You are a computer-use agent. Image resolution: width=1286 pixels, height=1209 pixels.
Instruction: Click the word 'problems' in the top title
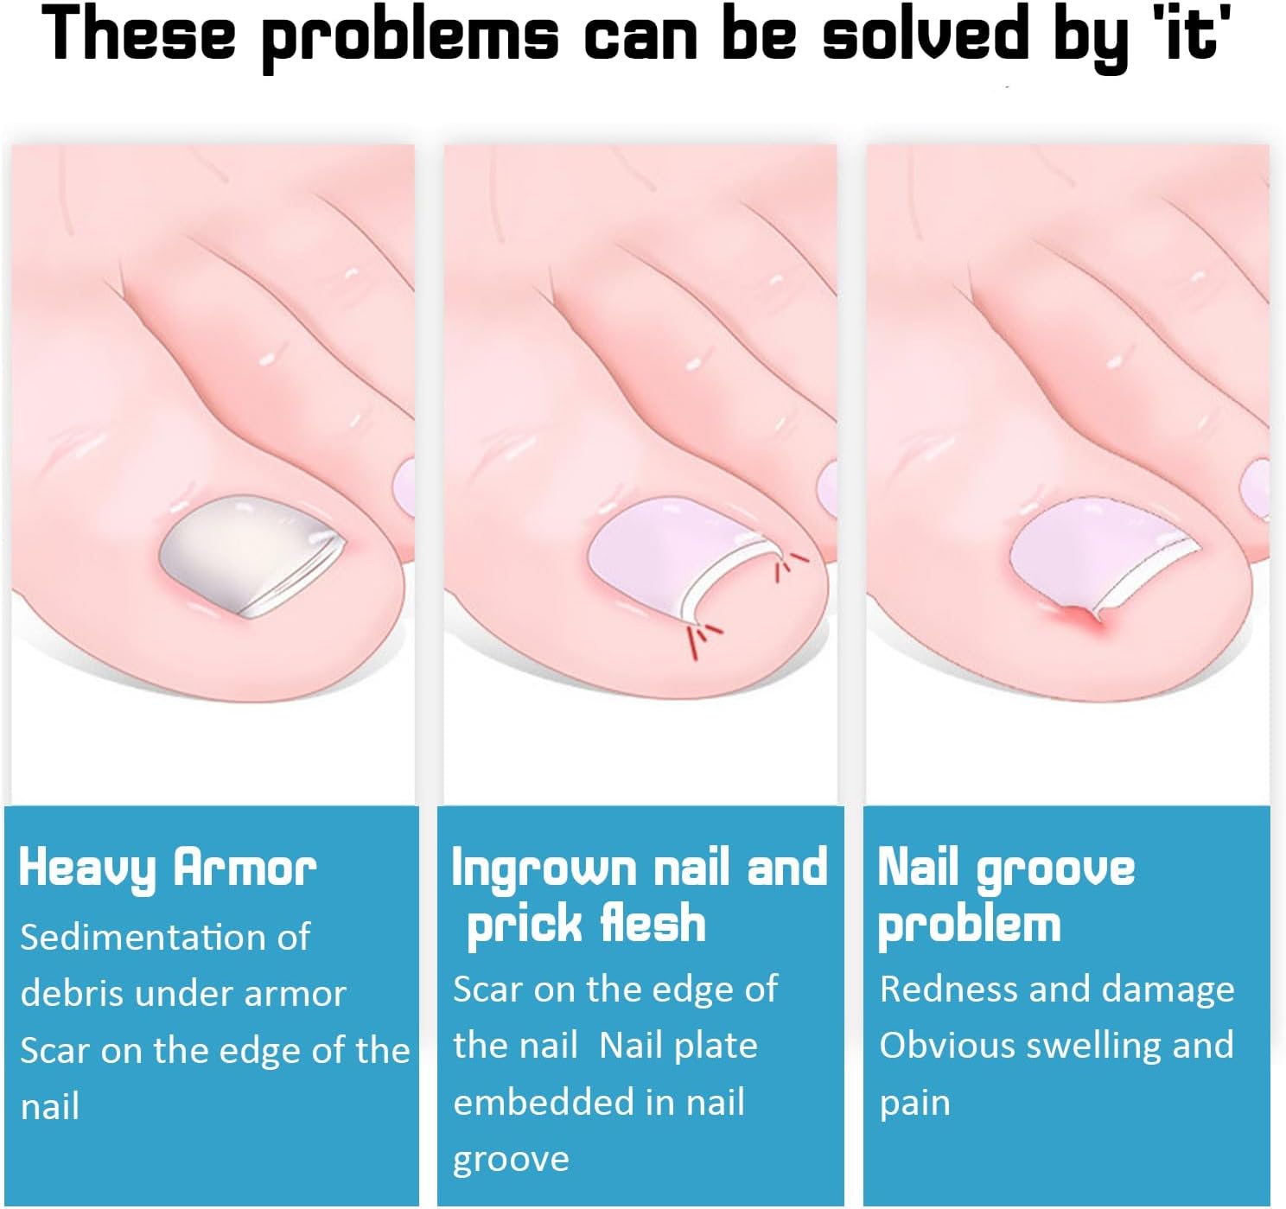click(410, 35)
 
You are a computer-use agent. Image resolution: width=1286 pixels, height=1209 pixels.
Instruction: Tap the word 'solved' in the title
click(926, 31)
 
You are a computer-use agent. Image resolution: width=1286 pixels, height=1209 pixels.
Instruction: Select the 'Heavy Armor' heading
click(168, 869)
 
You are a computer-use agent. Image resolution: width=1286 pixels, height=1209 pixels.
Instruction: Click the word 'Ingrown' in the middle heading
click(544, 869)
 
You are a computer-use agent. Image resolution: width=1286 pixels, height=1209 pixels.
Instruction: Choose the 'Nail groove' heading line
click(1006, 869)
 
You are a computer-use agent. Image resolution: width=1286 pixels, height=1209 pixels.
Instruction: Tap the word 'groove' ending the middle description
click(511, 1160)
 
